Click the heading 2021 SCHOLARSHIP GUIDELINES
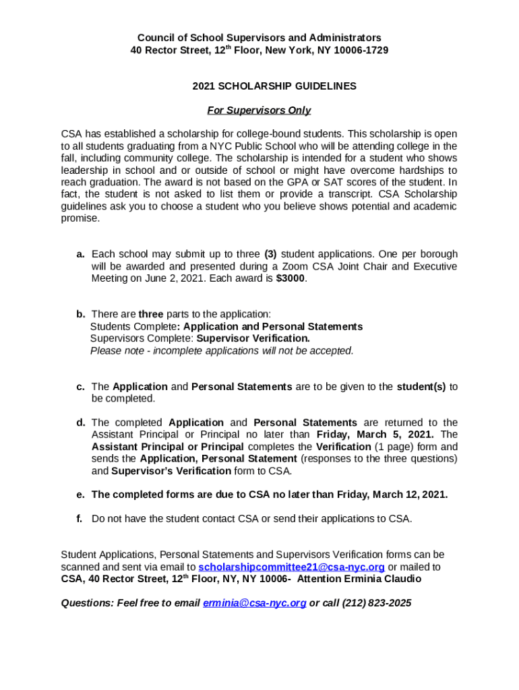tap(274, 86)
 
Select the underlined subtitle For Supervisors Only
tap(259, 111)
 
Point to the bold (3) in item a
tap(270, 254)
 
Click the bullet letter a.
tap(80, 254)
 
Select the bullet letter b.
tap(80, 314)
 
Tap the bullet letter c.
tap(80, 387)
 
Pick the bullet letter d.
tap(80, 422)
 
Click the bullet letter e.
tap(80, 495)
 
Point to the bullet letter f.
tap(80, 519)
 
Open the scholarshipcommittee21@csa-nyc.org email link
tap(292, 567)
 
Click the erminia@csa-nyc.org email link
tap(254, 603)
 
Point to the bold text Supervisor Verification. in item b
tap(253, 338)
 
